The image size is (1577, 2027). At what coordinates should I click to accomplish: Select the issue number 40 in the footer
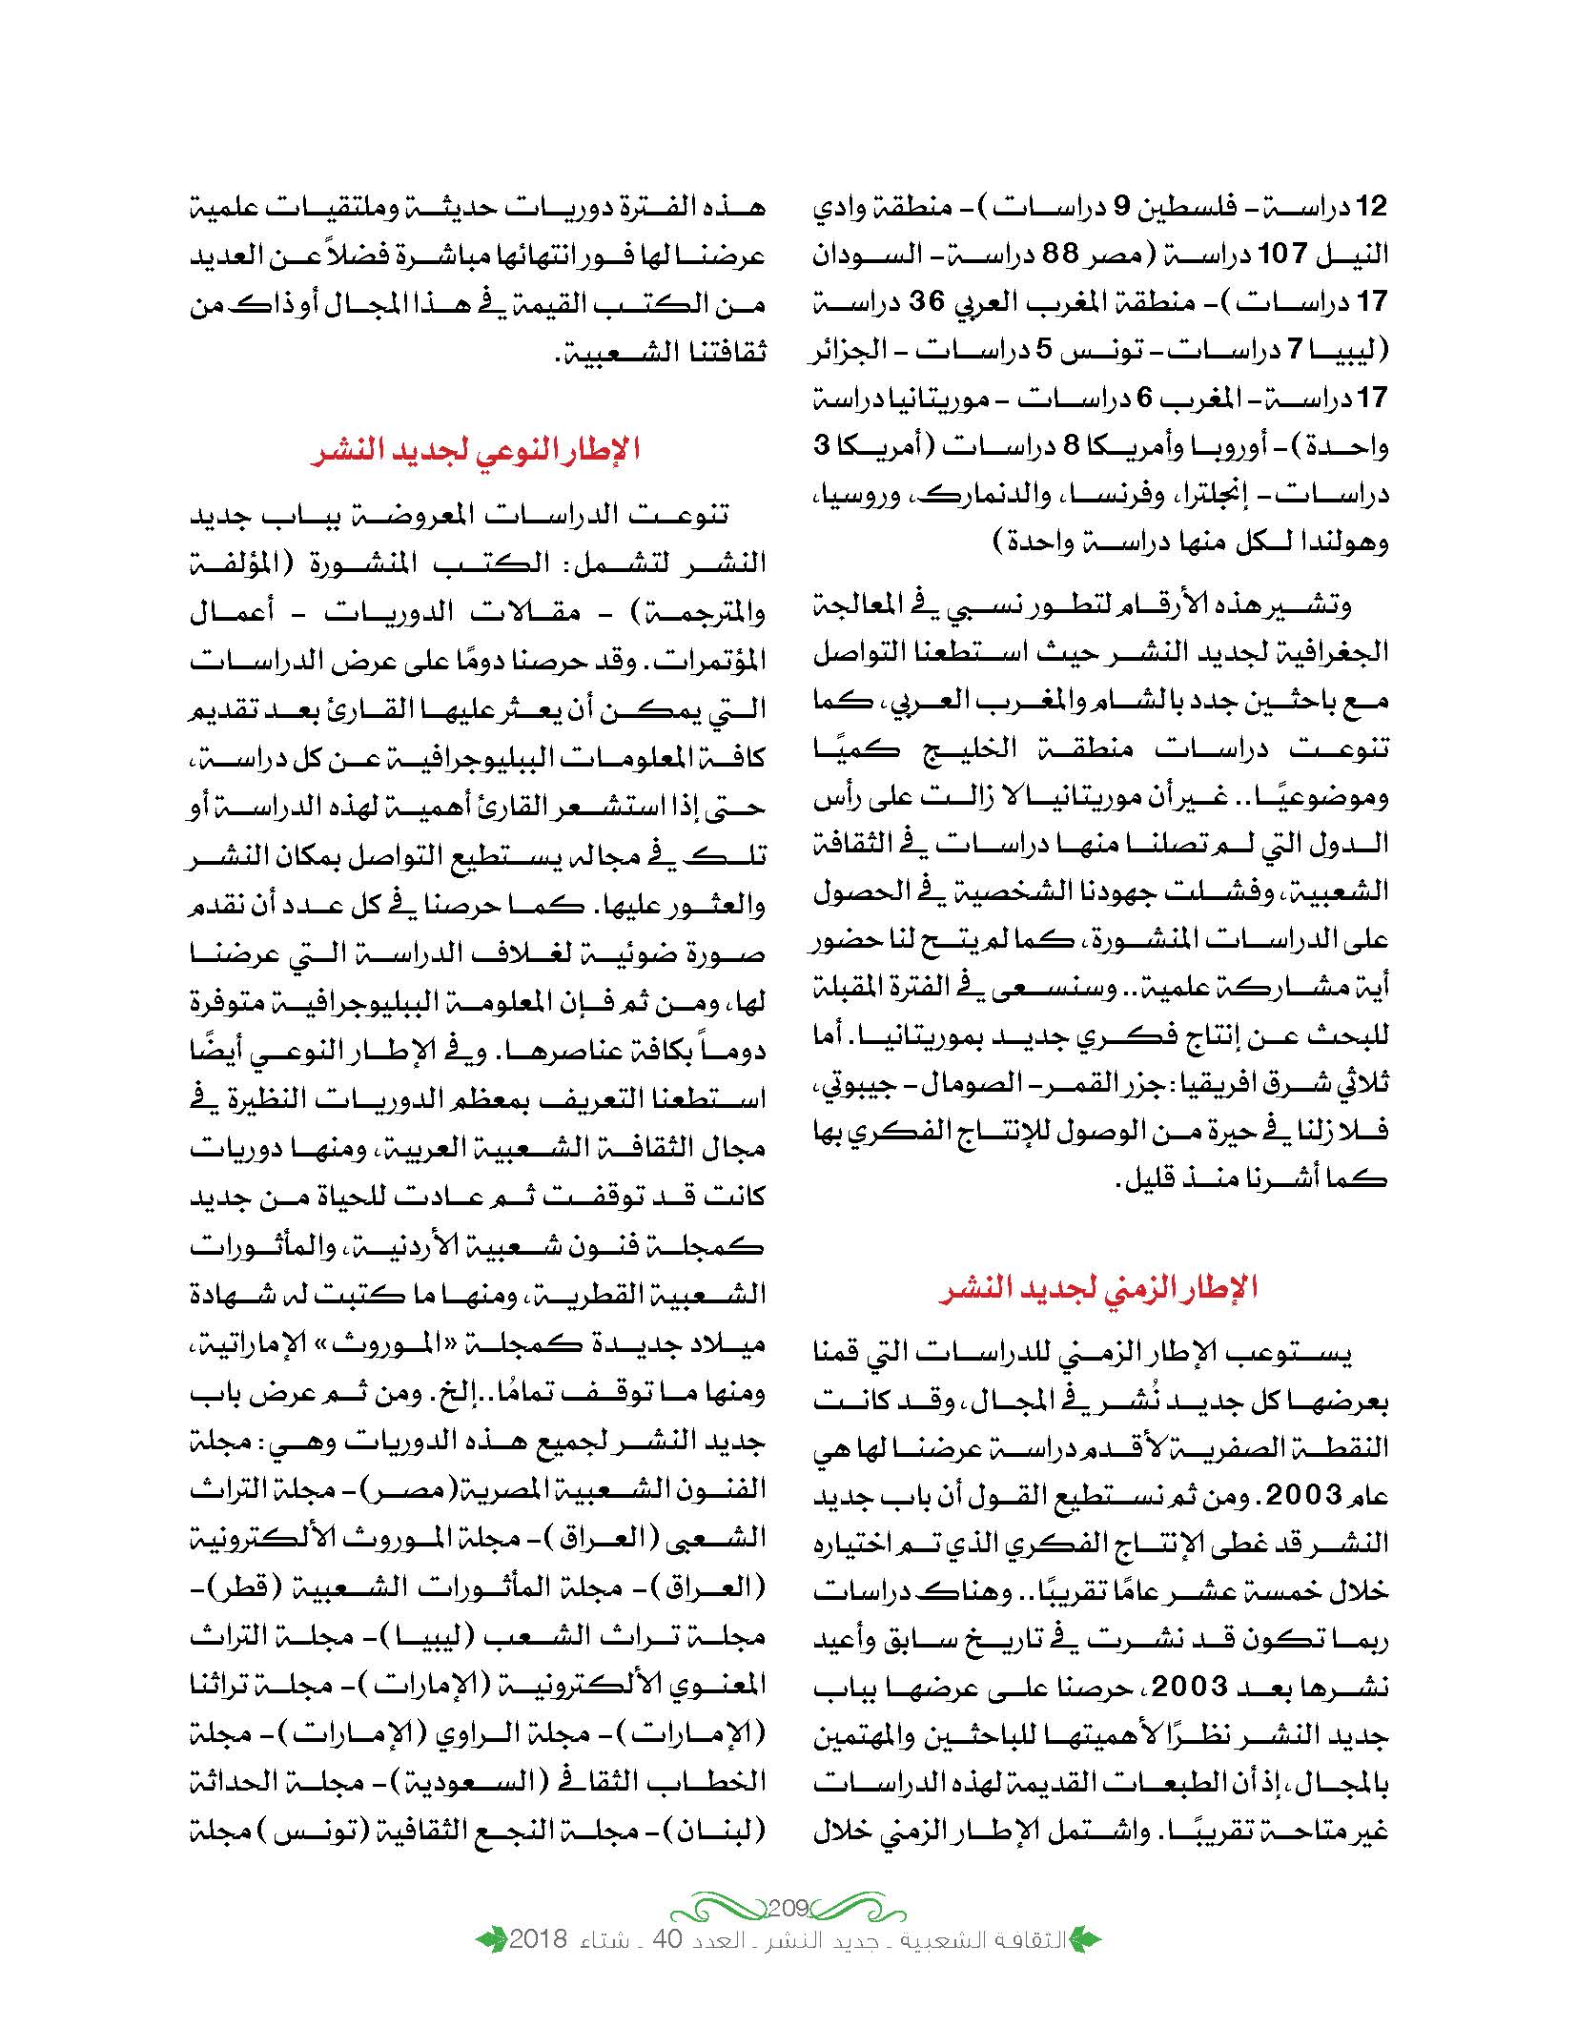tap(678, 1966)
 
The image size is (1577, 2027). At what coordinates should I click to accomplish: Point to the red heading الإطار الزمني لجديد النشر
tap(1097, 1287)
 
